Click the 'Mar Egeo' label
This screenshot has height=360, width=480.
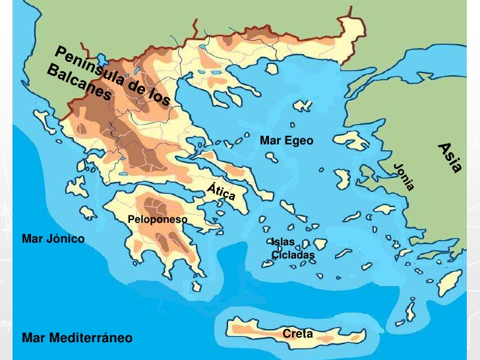coord(287,140)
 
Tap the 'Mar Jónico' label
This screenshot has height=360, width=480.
coord(53,239)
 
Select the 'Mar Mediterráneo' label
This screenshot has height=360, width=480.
coord(77,338)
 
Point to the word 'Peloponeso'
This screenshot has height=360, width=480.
coord(158,219)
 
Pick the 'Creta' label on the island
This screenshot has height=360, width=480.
coord(297,334)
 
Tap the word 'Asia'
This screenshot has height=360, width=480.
coord(450,158)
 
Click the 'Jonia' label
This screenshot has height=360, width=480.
coord(404,176)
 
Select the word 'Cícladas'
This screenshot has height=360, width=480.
coord(293,255)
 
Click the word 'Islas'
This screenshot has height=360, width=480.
coord(283,243)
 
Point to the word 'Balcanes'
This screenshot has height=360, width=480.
coord(80,84)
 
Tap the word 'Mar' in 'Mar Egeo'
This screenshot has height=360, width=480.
coord(270,140)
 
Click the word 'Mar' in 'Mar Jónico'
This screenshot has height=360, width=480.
coord(32,239)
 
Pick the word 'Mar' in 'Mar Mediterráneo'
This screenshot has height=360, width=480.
coord(32,338)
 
